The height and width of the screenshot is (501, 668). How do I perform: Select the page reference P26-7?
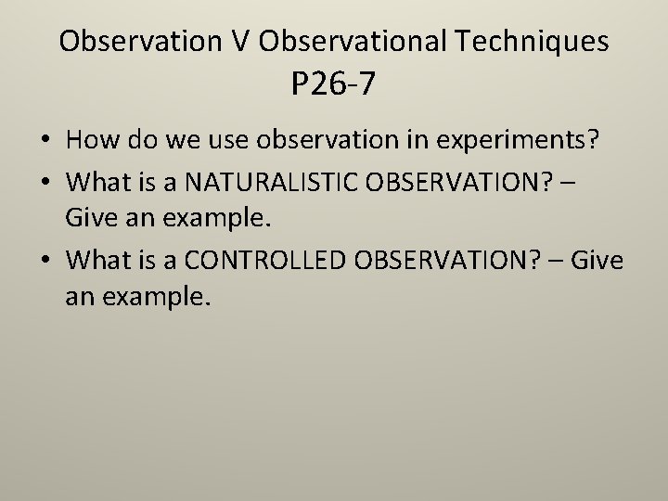(x=333, y=84)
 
